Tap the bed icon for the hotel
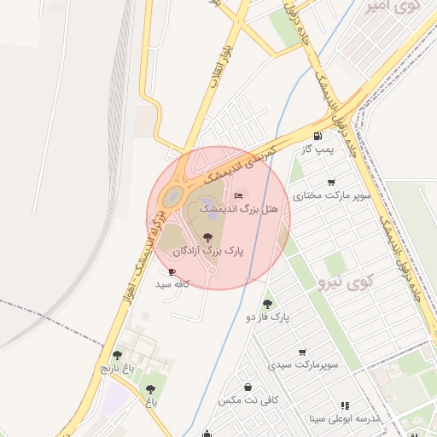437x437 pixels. click(x=238, y=195)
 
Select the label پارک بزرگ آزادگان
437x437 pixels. click(x=208, y=252)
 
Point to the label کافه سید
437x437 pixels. click(x=172, y=283)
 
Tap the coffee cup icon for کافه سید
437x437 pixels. click(x=172, y=271)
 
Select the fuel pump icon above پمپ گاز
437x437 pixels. click(x=318, y=136)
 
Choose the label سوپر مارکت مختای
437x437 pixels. click(x=332, y=195)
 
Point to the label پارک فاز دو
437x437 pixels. click(x=269, y=317)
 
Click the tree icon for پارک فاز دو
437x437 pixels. click(x=268, y=304)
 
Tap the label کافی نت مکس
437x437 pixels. click(x=247, y=399)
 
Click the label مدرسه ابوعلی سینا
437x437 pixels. click(x=343, y=418)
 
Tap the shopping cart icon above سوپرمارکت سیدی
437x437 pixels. click(x=302, y=352)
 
